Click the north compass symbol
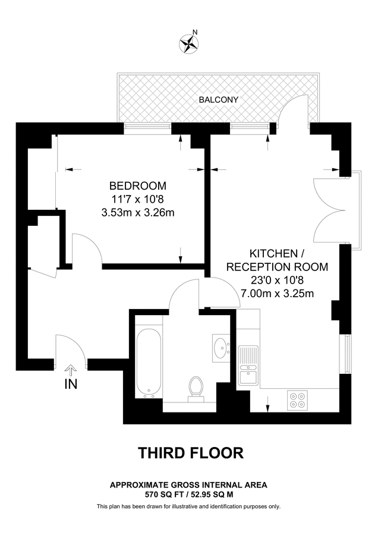[x=190, y=42]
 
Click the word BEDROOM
[x=138, y=185]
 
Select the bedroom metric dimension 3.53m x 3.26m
[x=138, y=212]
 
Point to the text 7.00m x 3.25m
[x=277, y=293]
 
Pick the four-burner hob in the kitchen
[x=297, y=400]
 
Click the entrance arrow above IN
[x=71, y=370]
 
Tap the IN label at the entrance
[x=71, y=384]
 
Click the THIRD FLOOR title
[x=191, y=453]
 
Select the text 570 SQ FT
[x=163, y=494]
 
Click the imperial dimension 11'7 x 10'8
[x=138, y=199]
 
